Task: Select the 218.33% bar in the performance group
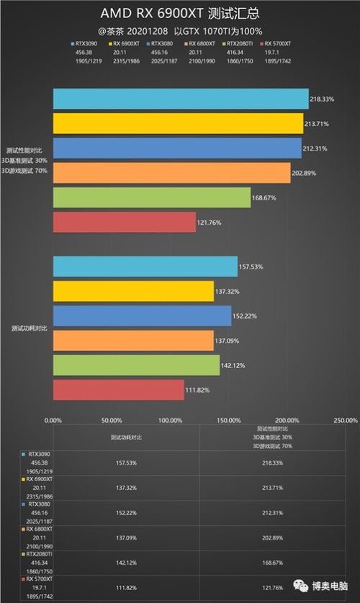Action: coord(180,99)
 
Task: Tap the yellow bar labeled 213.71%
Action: coord(178,123)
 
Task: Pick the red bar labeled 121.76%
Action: coord(124,222)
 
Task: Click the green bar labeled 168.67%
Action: coord(151,197)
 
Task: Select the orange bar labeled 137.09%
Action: coord(133,340)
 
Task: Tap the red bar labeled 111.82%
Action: coord(118,390)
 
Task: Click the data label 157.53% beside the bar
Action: coord(251,267)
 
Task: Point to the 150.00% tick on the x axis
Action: coord(229,420)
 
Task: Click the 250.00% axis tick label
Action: coord(345,420)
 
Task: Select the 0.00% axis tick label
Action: coord(53,420)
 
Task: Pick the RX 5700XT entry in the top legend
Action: coord(278,43)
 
